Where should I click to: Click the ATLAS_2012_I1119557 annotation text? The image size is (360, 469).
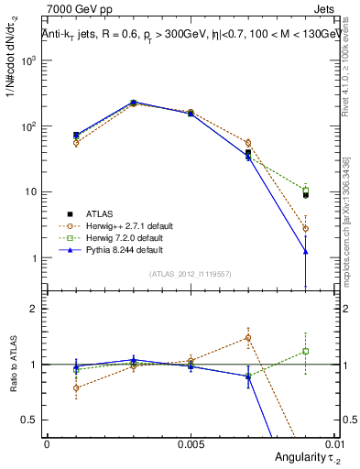pos(191,274)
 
